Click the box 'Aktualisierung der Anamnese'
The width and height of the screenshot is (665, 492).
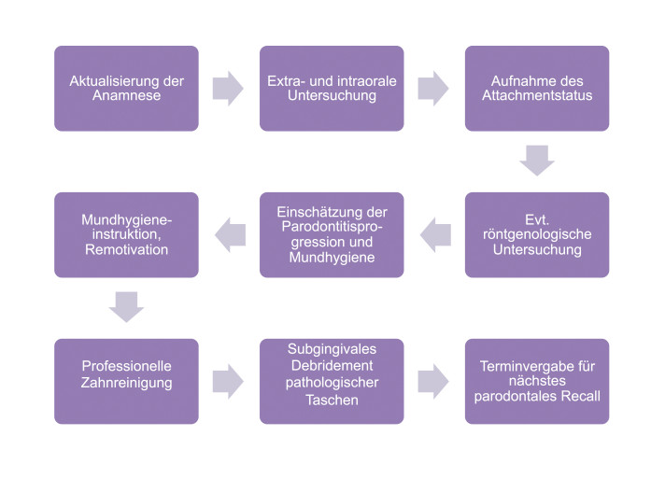[126, 88]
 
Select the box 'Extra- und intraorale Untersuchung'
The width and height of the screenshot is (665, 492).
[332, 88]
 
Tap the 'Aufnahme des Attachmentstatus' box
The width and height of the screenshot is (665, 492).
[537, 88]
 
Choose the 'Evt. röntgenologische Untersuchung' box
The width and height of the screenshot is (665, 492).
[537, 234]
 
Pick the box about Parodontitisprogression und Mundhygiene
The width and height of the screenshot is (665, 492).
[332, 234]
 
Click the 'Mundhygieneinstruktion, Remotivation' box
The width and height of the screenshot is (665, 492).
[126, 234]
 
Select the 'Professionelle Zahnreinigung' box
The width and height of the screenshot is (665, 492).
[126, 381]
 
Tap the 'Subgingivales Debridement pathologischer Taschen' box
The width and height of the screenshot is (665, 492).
[332, 381]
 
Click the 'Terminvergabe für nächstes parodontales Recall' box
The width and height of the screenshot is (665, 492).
[537, 381]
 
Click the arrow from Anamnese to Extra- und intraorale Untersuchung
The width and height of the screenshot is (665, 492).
[228, 88]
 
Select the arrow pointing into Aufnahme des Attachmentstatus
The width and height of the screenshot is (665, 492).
[433, 88]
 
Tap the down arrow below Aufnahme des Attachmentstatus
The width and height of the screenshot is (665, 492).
[537, 161]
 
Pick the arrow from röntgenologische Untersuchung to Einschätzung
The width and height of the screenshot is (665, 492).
[435, 234]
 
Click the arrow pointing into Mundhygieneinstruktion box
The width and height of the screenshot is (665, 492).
[231, 234]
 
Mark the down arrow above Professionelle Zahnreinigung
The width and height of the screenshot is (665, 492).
[126, 307]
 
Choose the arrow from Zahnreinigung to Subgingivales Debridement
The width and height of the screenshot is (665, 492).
[228, 381]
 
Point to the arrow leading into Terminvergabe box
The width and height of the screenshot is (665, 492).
[433, 381]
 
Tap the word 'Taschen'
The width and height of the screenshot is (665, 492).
[332, 400]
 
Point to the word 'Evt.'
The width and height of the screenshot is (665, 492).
[537, 219]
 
